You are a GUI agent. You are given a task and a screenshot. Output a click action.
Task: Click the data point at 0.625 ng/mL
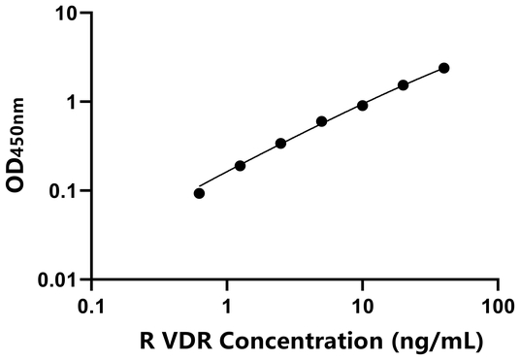point(199,193)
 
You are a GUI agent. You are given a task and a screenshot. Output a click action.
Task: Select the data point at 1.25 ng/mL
point(240,166)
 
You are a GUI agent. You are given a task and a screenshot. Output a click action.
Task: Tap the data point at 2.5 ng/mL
point(280,144)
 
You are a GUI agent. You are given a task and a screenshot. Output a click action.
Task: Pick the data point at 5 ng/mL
point(321,122)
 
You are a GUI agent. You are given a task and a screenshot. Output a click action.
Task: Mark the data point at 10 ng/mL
point(362,105)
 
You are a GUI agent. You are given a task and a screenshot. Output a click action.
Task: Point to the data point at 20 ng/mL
point(403,85)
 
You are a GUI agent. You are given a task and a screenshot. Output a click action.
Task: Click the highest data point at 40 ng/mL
point(443,68)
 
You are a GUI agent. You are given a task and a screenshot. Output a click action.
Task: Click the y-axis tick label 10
point(68,14)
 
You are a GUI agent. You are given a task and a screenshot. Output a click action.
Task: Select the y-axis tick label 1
point(74,102)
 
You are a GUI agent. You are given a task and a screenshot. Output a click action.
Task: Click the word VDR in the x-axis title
point(179,342)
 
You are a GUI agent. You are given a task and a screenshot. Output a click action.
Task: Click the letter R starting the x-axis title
point(145,342)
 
